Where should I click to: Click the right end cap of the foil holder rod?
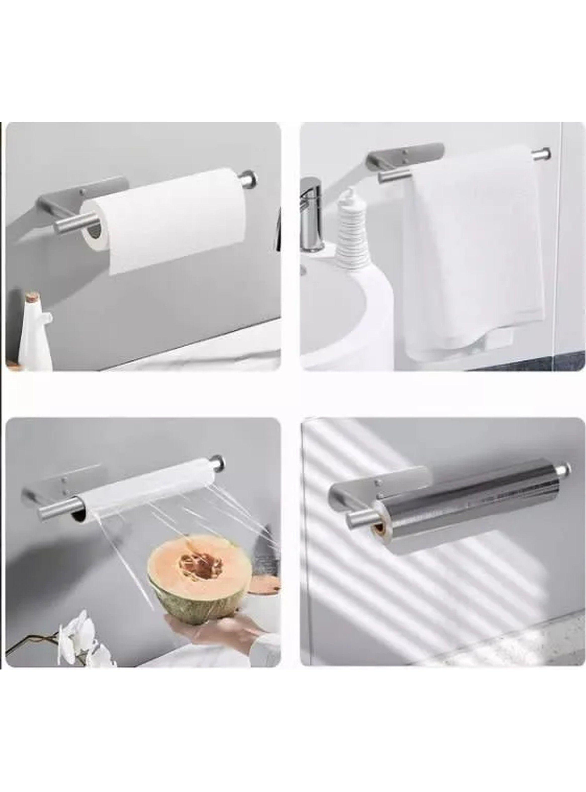click(566, 469)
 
